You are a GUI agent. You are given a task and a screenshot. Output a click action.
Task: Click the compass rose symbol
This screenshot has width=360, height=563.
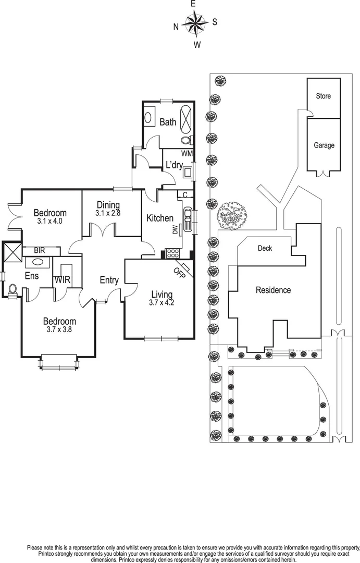tap(195, 23)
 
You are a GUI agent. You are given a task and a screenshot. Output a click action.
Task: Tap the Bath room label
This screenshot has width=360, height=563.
tap(168, 123)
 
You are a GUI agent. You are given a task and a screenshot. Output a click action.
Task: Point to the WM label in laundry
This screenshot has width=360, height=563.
tap(187, 154)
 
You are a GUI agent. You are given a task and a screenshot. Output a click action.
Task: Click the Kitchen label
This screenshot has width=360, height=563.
tap(160, 218)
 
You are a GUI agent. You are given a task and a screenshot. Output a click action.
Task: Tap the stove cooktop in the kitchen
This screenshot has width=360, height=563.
tap(172, 254)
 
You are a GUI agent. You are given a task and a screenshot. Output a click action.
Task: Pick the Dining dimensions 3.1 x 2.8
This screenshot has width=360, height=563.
tap(108, 213)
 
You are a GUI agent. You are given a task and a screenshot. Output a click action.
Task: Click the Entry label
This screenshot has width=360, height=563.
tap(109, 280)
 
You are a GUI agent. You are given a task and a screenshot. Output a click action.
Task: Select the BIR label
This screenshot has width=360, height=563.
tap(40, 251)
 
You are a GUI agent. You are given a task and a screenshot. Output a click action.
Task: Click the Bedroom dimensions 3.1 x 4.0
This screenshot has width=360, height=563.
tap(50, 221)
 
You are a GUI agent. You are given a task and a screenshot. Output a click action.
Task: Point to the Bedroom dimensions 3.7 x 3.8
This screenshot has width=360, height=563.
tap(59, 329)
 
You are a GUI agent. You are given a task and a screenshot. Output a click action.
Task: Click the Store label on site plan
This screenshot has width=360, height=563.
tap(324, 96)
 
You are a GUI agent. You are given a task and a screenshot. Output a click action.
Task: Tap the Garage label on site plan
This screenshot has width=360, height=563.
tap(324, 146)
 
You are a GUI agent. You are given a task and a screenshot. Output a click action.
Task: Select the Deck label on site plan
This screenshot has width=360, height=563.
tap(265, 249)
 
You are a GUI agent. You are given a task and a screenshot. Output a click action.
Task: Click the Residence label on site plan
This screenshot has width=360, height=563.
tap(273, 290)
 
